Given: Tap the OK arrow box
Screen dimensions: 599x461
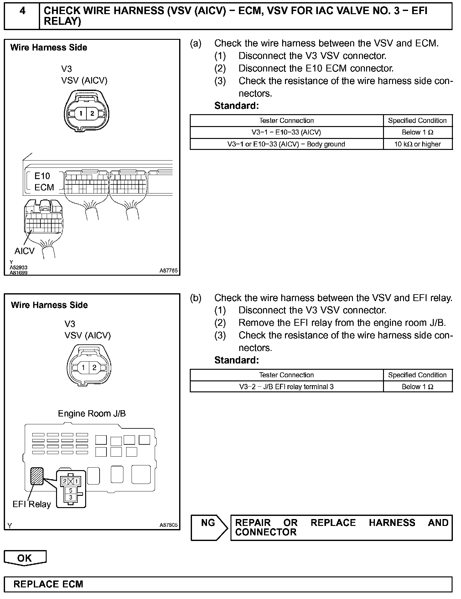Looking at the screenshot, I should pyautogui.click(x=25, y=558).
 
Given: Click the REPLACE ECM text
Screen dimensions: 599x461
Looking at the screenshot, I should pyautogui.click(x=48, y=584).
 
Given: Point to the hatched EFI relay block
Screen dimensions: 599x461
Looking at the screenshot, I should pyautogui.click(x=36, y=476).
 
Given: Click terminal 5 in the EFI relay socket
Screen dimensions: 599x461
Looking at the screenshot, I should pyautogui.click(x=71, y=490).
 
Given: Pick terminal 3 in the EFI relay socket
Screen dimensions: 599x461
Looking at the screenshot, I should pyautogui.click(x=71, y=497).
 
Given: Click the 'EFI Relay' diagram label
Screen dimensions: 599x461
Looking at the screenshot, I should pyautogui.click(x=32, y=504).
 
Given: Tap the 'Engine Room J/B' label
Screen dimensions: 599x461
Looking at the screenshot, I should pyautogui.click(x=92, y=414).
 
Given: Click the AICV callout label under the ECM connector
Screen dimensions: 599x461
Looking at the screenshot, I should pyautogui.click(x=24, y=251).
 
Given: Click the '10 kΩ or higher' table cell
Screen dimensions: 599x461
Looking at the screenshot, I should pyautogui.click(x=417, y=144).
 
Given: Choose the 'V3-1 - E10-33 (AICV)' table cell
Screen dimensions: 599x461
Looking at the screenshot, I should pyautogui.click(x=286, y=132).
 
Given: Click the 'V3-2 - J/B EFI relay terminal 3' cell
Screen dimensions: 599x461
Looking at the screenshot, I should pyautogui.click(x=286, y=387).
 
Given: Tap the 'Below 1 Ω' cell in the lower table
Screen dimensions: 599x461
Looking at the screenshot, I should pyautogui.click(x=417, y=387).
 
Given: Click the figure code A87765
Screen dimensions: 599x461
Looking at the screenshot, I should pyautogui.click(x=168, y=270).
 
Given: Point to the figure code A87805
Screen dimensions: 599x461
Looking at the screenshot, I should pyautogui.click(x=168, y=525).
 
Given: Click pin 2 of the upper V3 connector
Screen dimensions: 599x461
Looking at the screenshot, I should pyautogui.click(x=92, y=113).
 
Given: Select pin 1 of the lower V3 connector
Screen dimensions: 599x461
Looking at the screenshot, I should pyautogui.click(x=83, y=368).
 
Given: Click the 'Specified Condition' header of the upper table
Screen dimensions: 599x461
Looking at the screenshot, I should pyautogui.click(x=417, y=121).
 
